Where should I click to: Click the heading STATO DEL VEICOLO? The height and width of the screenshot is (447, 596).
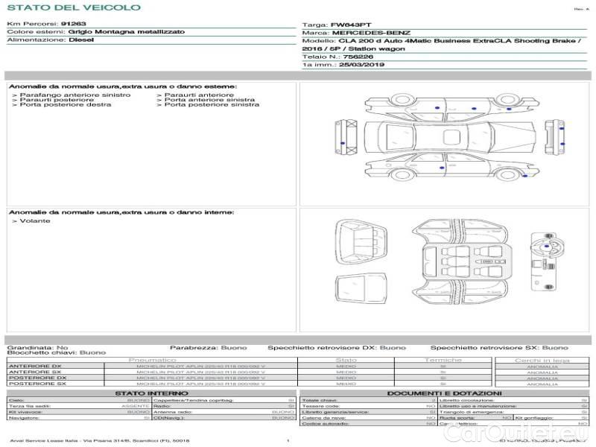point(73,7)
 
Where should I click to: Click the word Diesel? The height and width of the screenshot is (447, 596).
point(81,40)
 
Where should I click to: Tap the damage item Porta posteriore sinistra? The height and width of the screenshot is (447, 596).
point(212,105)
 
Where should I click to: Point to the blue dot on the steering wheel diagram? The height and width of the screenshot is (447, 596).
point(548,245)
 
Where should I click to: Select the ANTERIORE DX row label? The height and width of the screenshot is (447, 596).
point(34,366)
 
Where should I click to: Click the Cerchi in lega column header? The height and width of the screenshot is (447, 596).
point(542,360)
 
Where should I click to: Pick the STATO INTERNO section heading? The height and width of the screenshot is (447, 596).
point(152,393)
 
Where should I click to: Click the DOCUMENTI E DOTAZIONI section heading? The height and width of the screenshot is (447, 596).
point(444,393)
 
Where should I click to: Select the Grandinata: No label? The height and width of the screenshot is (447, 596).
point(37,347)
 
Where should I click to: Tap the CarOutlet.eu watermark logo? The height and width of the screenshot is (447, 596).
point(540,432)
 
